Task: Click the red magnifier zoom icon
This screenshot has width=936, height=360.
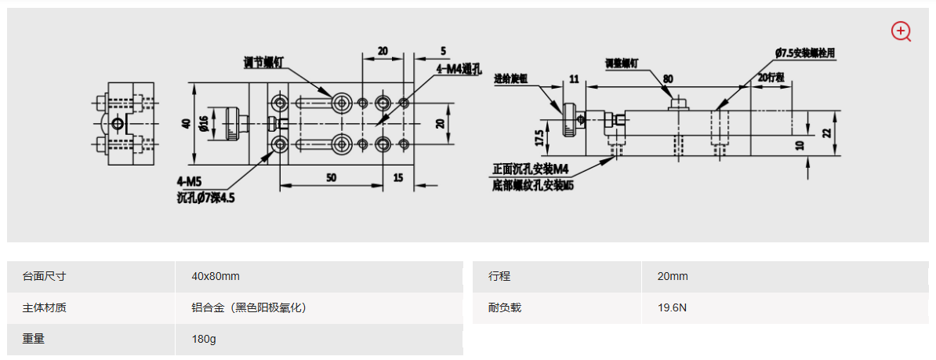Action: tap(901, 31)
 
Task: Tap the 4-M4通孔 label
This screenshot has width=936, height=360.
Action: tap(459, 69)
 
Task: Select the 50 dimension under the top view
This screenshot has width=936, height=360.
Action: tap(332, 178)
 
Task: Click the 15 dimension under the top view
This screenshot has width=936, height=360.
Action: tap(398, 178)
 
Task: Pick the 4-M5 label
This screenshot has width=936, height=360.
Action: tap(191, 181)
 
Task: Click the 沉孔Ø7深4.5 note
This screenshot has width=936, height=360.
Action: tap(205, 198)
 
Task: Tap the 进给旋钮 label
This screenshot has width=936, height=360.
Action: tap(511, 79)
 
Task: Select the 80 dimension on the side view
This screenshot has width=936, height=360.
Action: tap(668, 78)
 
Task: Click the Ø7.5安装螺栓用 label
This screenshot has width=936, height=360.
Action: tap(805, 53)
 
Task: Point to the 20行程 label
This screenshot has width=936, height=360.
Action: tap(772, 77)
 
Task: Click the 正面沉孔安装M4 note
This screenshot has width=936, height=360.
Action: tap(530, 169)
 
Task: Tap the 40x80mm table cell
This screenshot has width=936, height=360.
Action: tap(216, 276)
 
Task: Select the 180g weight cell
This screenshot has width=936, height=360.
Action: tap(204, 340)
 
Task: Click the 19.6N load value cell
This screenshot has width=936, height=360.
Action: tap(673, 307)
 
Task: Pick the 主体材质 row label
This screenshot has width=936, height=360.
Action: tap(45, 307)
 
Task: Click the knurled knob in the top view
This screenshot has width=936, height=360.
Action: tap(235, 123)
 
